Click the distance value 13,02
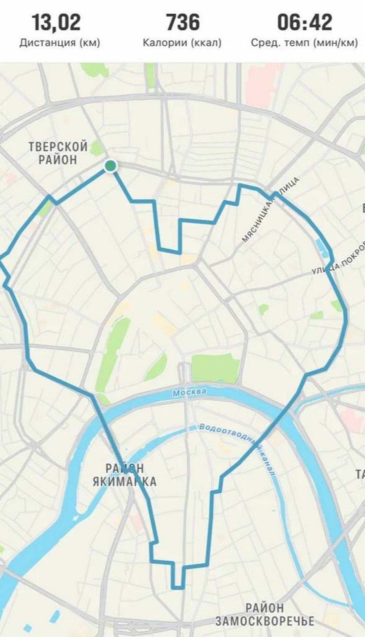tap(56, 22)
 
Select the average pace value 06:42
tap(305, 22)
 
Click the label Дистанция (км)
tap(60, 43)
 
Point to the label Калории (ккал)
tap(182, 43)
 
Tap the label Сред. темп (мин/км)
tap(304, 43)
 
